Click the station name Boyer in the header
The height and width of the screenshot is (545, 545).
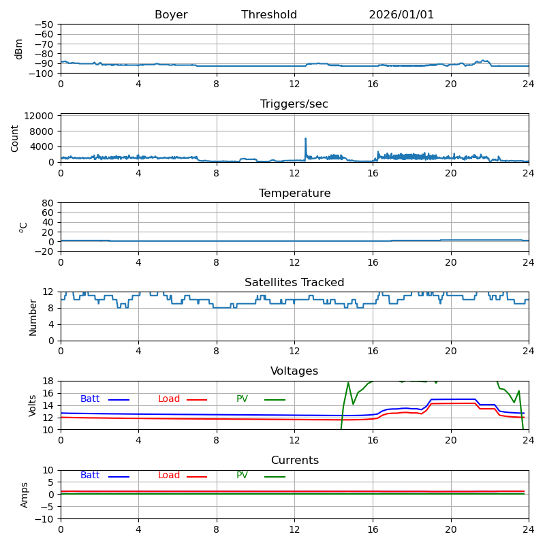[171, 15]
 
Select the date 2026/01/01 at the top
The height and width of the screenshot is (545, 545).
[401, 15]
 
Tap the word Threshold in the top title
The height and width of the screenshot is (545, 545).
[269, 15]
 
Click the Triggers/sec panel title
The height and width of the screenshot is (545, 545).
[294, 104]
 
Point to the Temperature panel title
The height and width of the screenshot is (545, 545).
[294, 193]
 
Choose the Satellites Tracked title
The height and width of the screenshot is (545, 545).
[294, 283]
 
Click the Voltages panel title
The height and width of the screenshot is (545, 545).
[294, 371]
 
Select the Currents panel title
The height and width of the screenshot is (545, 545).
[294, 461]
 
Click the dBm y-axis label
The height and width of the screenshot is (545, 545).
[19, 48]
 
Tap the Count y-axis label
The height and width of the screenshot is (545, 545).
[15, 138]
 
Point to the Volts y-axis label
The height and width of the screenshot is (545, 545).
[33, 405]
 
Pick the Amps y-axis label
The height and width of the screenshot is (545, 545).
[25, 495]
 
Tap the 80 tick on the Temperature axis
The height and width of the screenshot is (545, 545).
[48, 203]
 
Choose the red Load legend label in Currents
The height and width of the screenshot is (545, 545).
[169, 476]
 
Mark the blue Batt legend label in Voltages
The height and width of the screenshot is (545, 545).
[90, 399]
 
